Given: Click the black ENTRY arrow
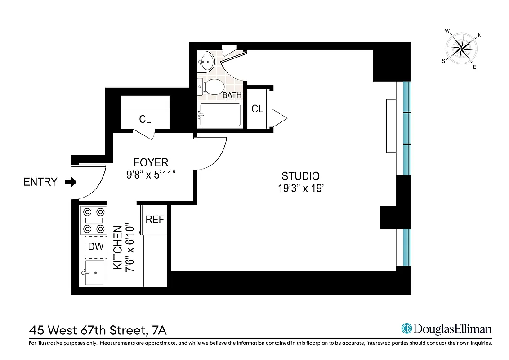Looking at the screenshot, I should pos(71,182).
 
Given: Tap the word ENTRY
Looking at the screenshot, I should pos(40,182).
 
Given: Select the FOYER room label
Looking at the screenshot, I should pos(151,162).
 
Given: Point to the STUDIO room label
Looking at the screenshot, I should pos(300,176).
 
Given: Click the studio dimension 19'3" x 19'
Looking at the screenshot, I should pos(300,189).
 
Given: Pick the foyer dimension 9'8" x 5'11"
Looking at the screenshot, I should pos(151,175).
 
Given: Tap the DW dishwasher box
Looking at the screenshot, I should pos(95,247).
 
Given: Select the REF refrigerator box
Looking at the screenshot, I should pos(155,220).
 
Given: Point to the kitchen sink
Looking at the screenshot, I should pos(94,273).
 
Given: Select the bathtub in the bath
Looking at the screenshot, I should pos(220,115).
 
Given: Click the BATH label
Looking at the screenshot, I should pos(232,95).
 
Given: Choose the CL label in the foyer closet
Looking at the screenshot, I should pos(145,119).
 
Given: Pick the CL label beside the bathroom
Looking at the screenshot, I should pos(257,109).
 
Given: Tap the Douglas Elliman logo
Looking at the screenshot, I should pos(446,328).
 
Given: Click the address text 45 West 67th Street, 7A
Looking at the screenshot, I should pos(98,331).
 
